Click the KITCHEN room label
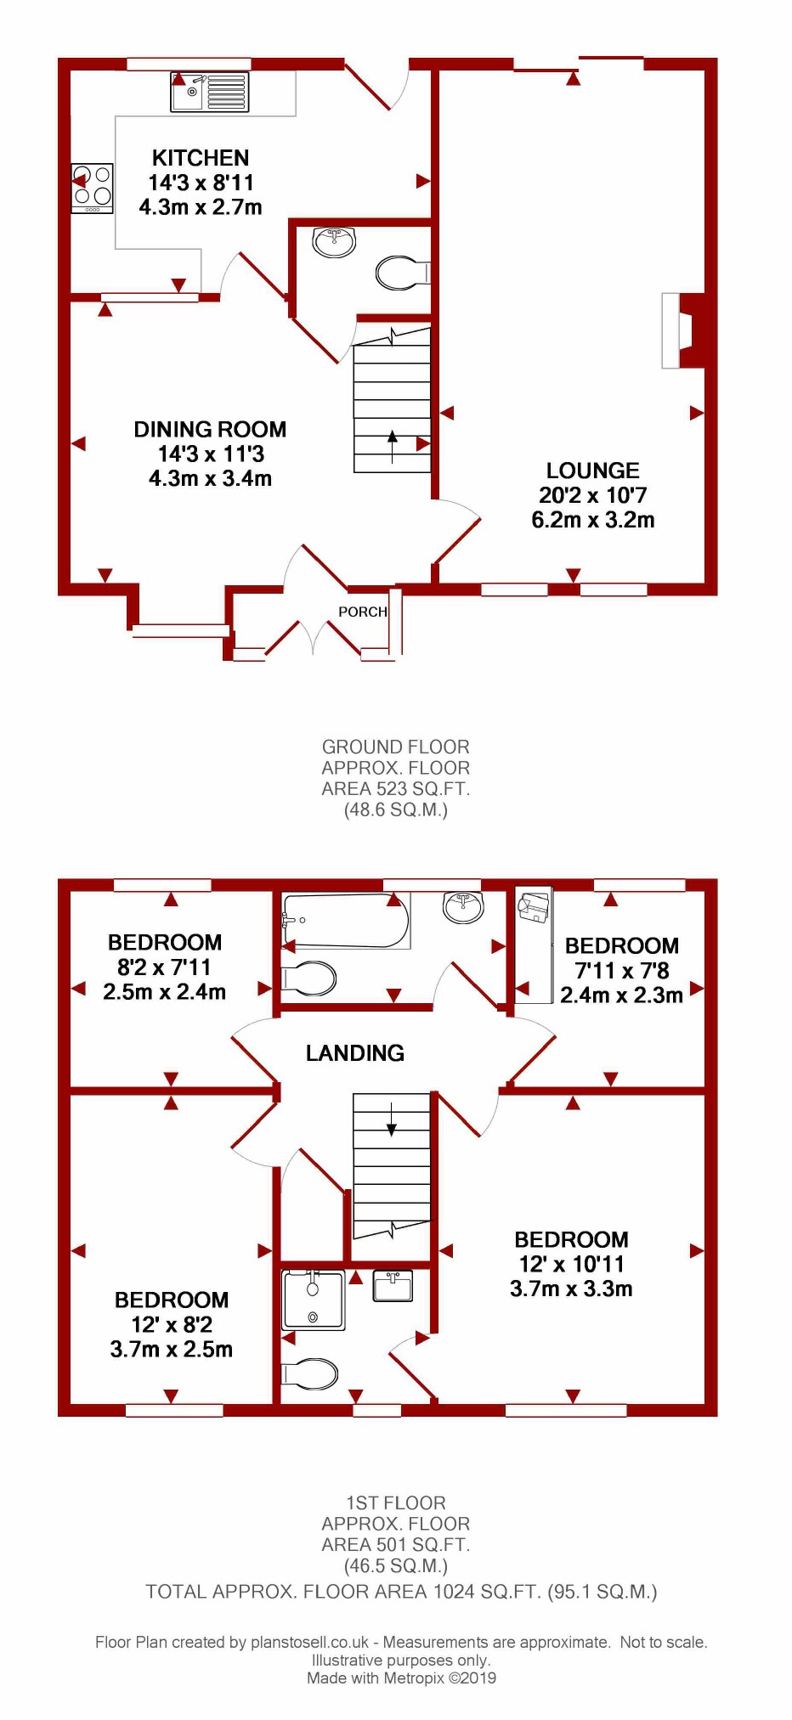[201, 158]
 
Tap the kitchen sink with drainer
[209, 92]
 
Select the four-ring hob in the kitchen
[92, 188]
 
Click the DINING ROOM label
[210, 430]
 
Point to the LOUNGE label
[593, 471]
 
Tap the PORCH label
[363, 612]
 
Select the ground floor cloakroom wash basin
[334, 241]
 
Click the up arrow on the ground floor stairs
[392, 447]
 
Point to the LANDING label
[355, 1053]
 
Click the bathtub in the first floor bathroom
[346, 921]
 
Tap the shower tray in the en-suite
[314, 1300]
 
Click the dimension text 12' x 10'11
[572, 1265]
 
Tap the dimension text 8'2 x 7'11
[165, 967]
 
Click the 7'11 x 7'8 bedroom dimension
[622, 971]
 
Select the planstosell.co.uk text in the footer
[309, 1643]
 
